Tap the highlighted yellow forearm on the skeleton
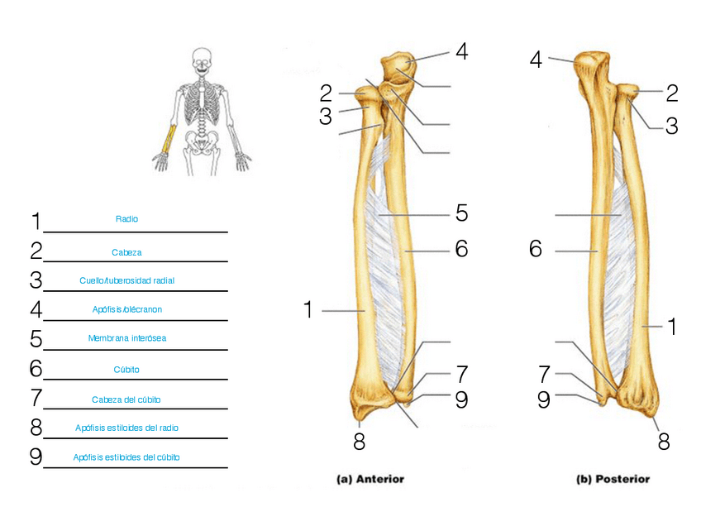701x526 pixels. pyautogui.click(x=169, y=137)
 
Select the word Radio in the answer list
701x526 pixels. pyautogui.click(x=126, y=219)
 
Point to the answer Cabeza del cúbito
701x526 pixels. pyautogui.click(x=126, y=399)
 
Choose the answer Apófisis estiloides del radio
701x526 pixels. pyautogui.click(x=126, y=428)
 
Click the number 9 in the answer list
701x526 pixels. pyautogui.click(x=36, y=457)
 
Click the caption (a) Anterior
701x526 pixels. pyautogui.click(x=370, y=479)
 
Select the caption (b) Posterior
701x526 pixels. pyautogui.click(x=613, y=479)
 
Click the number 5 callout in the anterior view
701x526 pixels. pyautogui.click(x=461, y=213)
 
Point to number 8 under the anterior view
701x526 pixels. pyautogui.click(x=359, y=442)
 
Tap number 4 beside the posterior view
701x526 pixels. pyautogui.click(x=536, y=60)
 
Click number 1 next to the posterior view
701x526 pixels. pyautogui.click(x=672, y=327)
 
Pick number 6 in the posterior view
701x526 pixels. pyautogui.click(x=536, y=249)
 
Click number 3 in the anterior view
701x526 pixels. pyautogui.click(x=326, y=117)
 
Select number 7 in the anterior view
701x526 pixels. pyautogui.click(x=461, y=374)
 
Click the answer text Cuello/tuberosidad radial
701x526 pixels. pyautogui.click(x=126, y=280)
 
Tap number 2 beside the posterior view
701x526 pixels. pyautogui.click(x=671, y=92)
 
